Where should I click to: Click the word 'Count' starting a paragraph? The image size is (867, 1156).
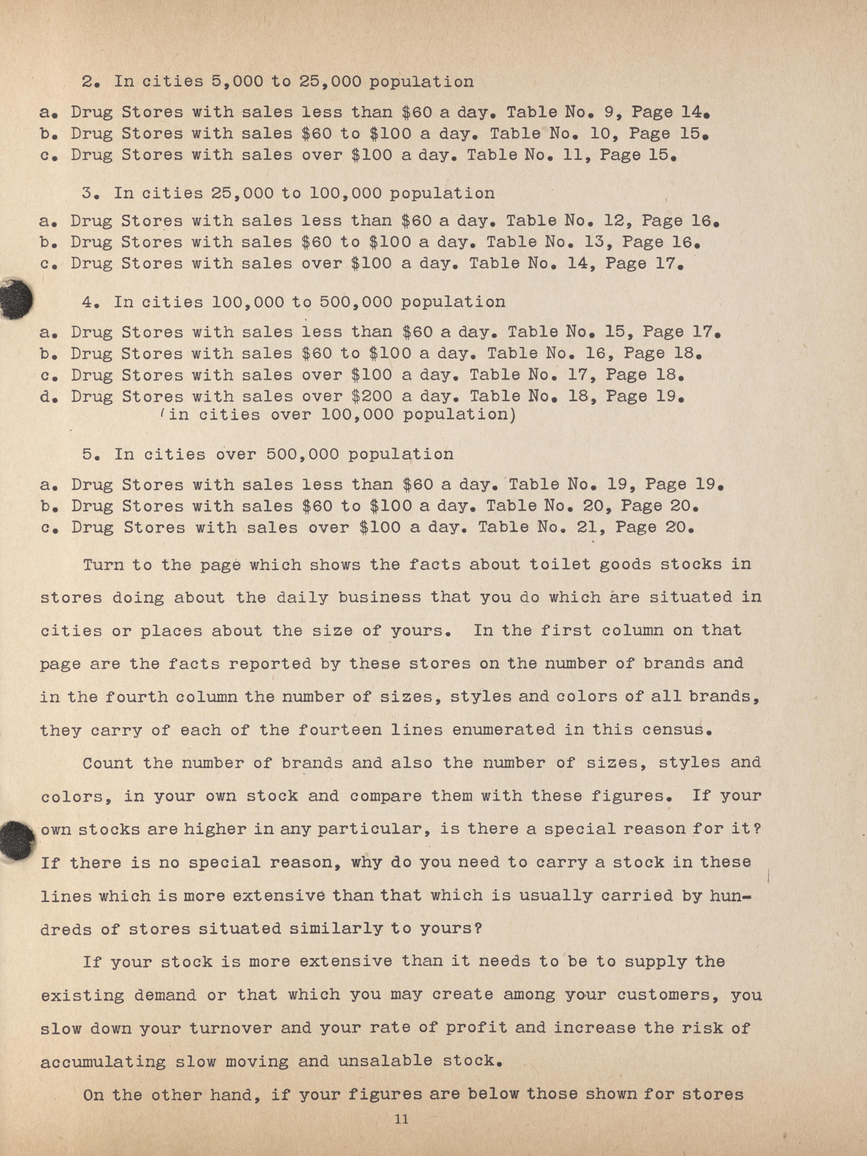(107, 762)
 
